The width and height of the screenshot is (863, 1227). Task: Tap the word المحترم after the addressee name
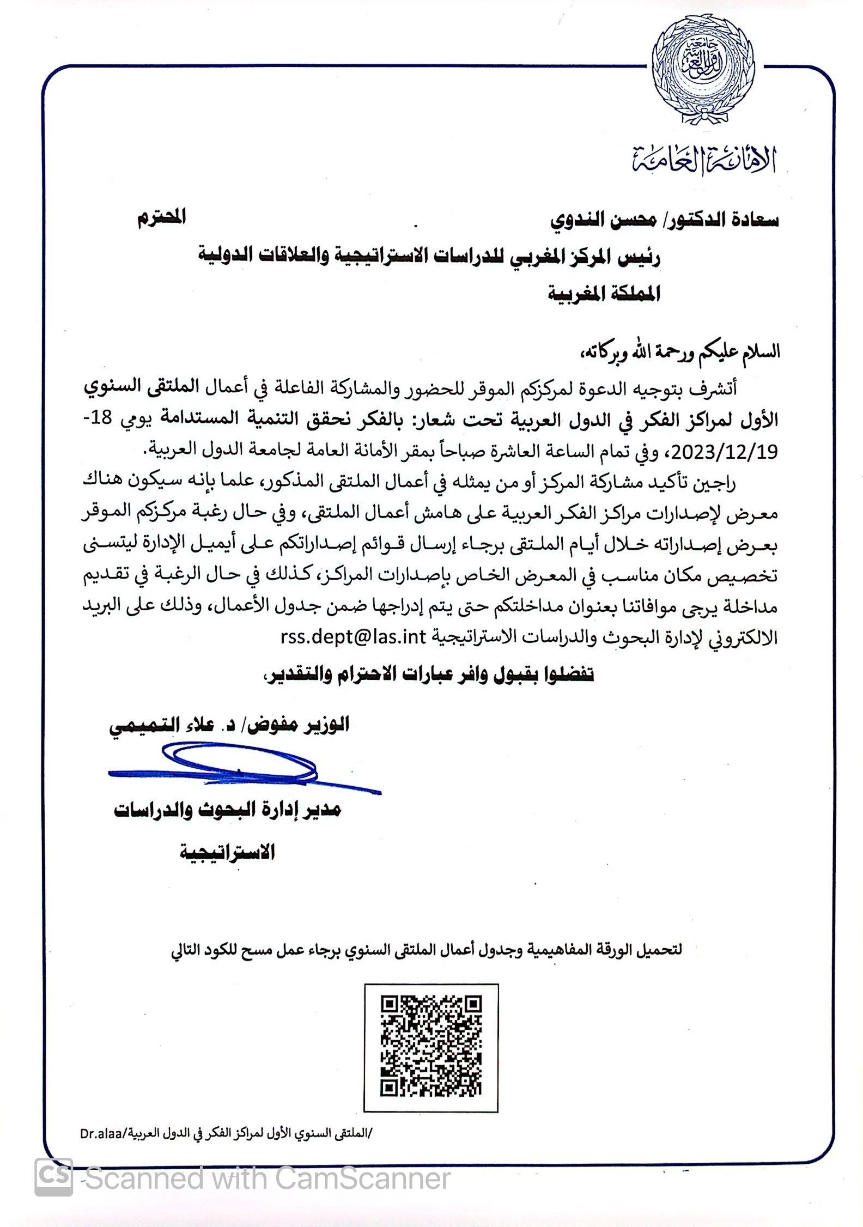(161, 217)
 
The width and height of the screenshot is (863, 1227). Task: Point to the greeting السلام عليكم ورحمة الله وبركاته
(680, 351)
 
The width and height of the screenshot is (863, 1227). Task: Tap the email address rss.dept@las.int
(353, 636)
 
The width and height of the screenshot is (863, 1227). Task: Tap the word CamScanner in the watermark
(363, 1179)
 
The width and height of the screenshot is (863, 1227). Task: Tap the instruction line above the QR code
(427, 950)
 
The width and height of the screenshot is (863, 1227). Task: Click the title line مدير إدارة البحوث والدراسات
(228, 810)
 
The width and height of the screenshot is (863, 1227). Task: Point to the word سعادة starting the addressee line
(751, 220)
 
